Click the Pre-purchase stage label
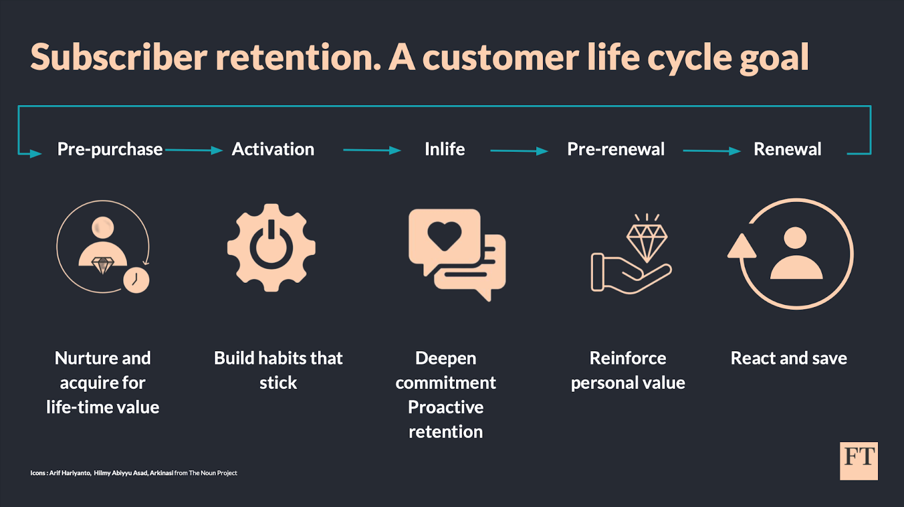coord(110,149)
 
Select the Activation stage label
coord(273,149)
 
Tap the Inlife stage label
coord(445,149)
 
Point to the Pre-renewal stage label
coord(615,149)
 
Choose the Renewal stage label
coord(787,149)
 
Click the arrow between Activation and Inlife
coord(372,150)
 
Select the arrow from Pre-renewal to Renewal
coord(711,151)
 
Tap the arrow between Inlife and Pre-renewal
coord(519,151)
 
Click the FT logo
coord(858,461)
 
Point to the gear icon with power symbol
coord(271,247)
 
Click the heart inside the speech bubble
coord(445,235)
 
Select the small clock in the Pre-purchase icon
coord(136,279)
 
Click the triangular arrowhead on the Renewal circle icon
coord(741,247)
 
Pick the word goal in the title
coord(774,59)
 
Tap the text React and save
coord(788,358)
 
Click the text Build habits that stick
coord(278,370)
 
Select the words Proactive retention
coord(445,419)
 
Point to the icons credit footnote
coord(133,473)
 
